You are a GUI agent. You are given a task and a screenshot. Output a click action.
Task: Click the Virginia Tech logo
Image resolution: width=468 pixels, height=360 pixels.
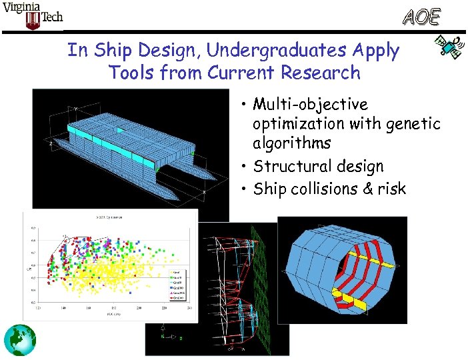click(33, 16)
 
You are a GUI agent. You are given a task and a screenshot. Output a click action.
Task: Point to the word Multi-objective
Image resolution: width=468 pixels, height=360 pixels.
click(310, 105)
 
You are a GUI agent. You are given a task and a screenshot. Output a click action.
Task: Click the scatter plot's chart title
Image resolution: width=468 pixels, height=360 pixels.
click(110, 218)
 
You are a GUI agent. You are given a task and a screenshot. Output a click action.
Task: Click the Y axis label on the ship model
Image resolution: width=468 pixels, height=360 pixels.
click(75, 108)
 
